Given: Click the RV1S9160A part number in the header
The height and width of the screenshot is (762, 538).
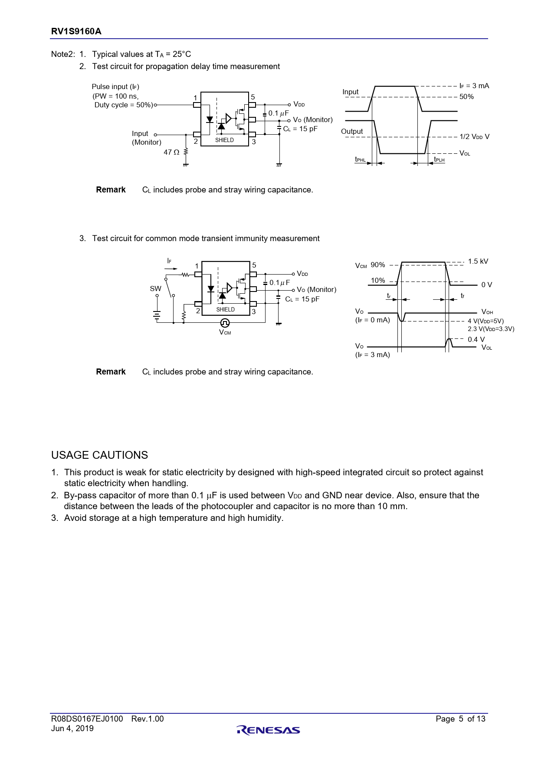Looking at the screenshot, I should pos(76,31).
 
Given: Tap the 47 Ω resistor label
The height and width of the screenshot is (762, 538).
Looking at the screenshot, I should pos(171,152).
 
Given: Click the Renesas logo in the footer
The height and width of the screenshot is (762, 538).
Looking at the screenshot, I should pos(268,730).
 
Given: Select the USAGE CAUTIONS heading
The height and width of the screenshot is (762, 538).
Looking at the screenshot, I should pos(99,455).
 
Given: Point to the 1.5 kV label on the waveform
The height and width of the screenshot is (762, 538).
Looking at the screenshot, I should pos(478,262).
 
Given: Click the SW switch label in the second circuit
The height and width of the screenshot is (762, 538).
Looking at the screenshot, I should pos(155,288).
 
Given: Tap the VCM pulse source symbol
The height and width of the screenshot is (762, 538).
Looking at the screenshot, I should pos(225,323).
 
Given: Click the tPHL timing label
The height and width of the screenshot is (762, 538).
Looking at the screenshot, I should pos(360,160).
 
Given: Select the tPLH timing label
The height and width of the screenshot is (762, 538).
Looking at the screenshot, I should pos(440,160).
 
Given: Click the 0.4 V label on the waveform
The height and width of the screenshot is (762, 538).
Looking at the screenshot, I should pos(476,339).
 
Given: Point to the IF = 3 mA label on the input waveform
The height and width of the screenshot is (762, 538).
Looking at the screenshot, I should pos(474,86).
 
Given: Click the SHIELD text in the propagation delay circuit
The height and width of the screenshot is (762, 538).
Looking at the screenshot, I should pos(224,140).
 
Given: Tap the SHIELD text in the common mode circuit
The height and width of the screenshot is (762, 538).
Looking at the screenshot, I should pos(225,309).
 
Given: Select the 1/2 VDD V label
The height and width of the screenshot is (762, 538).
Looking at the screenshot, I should pos(474,137).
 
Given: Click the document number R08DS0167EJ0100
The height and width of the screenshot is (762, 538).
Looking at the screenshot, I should pos(87,719).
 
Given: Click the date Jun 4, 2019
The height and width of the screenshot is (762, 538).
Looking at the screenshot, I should pos(72,729).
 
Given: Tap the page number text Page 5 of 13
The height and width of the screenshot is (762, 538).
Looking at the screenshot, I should pos(460,719).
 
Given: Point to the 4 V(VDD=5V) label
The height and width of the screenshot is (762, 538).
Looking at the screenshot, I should pos(486,321).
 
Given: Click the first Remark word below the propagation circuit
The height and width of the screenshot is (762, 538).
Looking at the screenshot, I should pos(111,190).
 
